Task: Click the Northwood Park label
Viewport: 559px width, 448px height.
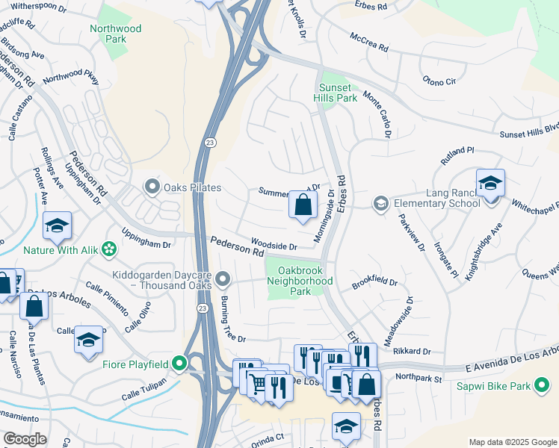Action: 115,34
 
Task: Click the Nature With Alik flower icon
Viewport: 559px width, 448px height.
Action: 110,248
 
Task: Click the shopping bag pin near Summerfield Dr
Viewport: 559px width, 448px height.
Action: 303,205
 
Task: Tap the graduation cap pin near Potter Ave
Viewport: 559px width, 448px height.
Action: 58,225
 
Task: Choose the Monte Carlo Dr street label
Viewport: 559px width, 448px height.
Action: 377,113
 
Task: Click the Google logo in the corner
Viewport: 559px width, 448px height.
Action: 25,439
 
